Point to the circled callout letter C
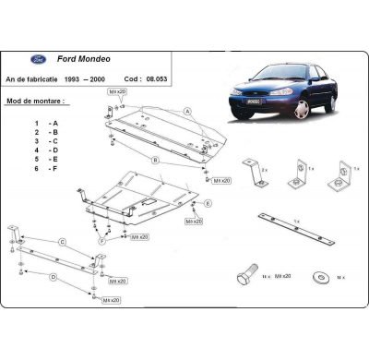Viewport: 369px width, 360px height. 63,242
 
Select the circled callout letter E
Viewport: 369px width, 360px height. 208,202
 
